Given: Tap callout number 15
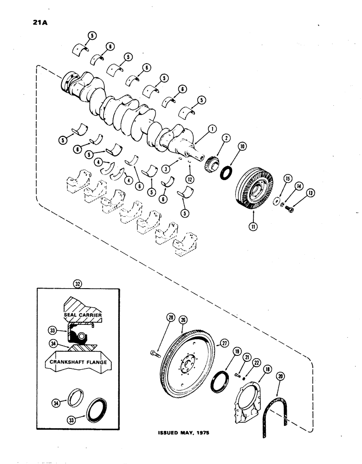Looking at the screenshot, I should point(287,178).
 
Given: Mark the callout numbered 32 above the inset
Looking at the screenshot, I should point(77,282).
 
